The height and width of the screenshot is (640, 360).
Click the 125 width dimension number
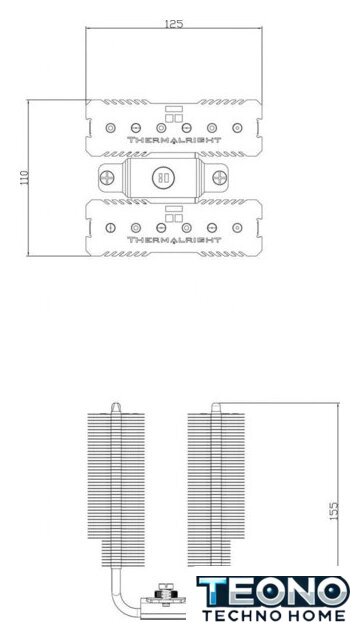coord(174,24)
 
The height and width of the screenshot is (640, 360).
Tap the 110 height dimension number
coord(24,177)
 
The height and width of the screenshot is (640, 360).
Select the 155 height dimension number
coord(334,510)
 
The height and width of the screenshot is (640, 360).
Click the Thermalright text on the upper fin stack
coord(174,140)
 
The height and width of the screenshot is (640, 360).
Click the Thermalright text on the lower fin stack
coord(174,240)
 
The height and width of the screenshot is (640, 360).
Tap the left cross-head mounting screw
coord(107,178)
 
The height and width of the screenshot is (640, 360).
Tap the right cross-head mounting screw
coord(220,178)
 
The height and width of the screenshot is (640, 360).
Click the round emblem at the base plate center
coord(163,178)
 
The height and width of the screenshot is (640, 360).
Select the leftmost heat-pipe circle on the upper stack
coord(110,128)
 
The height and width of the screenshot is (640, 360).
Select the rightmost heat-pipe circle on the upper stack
coord(237,128)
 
